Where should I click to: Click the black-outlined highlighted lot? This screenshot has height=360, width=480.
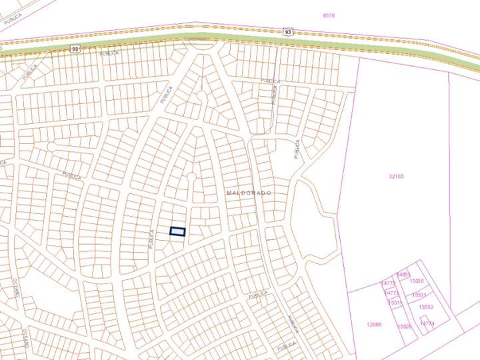(177, 231)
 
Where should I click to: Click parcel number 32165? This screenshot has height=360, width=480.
(396, 177)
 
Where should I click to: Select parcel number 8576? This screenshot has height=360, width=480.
(328, 15)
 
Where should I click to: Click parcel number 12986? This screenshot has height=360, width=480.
(374, 325)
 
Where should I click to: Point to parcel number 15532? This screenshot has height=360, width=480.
(426, 307)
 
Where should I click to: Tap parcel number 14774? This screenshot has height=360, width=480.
(427, 323)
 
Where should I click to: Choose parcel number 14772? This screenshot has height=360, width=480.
(389, 283)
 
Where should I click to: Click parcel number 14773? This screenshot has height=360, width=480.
(391, 293)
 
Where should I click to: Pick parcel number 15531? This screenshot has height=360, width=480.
(419, 294)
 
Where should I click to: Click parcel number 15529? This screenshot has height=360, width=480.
(404, 327)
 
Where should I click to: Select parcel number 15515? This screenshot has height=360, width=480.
(395, 303)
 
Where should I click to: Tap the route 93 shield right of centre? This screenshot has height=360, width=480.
(287, 31)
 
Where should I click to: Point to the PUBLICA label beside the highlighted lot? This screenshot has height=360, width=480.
(151, 239)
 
